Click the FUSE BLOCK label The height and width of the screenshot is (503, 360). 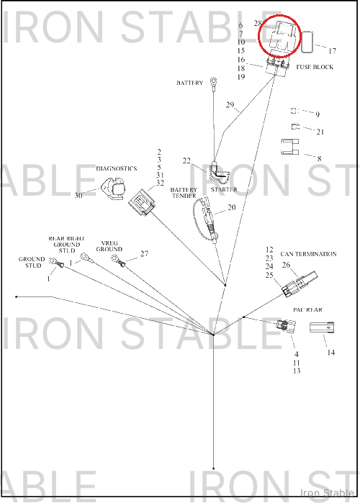[315, 67]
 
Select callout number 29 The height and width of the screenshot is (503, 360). [230, 104]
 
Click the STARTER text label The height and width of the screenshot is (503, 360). [224, 189]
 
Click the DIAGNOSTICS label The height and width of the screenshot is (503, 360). [117, 168]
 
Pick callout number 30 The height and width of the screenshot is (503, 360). [78, 195]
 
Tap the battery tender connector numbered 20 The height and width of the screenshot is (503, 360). [206, 219]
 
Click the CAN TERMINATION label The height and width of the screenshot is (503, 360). [308, 254]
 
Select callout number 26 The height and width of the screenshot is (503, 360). [286, 265]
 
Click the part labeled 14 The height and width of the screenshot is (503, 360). [322, 328]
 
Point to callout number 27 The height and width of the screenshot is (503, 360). [144, 253]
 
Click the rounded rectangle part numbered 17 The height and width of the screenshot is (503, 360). [307, 42]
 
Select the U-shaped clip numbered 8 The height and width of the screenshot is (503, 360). [289, 147]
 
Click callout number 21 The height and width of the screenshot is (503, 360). [320, 132]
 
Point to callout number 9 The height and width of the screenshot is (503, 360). [318, 114]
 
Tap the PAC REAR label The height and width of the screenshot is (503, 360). [307, 309]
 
